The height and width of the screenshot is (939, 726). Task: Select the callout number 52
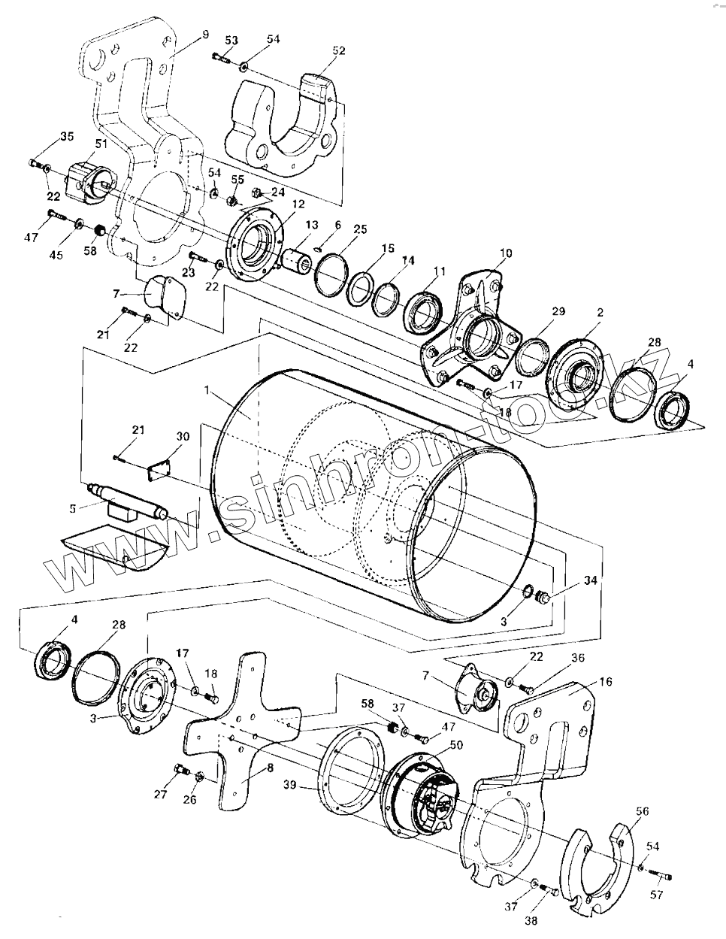click(x=338, y=50)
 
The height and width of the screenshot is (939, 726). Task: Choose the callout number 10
click(x=505, y=253)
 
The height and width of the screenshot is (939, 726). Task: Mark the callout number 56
click(x=641, y=811)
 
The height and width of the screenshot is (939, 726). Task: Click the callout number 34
click(x=570, y=580)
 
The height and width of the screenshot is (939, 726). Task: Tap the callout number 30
click(x=183, y=437)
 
